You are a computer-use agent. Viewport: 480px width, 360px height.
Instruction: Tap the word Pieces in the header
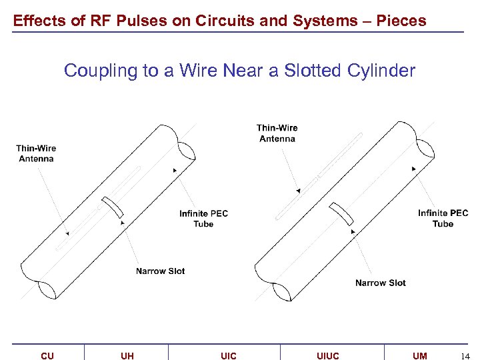click(x=401, y=21)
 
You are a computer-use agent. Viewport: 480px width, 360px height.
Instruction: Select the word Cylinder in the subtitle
click(x=384, y=70)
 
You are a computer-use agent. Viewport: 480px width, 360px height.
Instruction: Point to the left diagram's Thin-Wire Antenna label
click(x=36, y=153)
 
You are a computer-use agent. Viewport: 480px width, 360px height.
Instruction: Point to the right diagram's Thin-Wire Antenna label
click(x=277, y=133)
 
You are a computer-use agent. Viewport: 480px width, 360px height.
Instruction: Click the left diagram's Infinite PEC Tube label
click(x=203, y=219)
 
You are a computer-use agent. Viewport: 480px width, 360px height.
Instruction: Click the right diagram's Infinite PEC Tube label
click(x=443, y=219)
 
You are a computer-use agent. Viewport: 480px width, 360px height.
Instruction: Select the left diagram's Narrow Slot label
click(x=160, y=271)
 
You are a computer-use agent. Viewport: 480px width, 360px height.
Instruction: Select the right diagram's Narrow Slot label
click(x=380, y=283)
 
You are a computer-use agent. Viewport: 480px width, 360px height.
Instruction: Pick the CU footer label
click(x=47, y=356)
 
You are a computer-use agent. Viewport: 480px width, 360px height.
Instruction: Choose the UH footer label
click(x=127, y=356)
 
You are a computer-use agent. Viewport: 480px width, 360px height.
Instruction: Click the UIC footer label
click(x=228, y=356)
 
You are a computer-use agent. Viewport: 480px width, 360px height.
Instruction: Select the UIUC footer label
click(x=327, y=356)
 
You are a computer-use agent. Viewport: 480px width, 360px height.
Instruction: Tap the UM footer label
click(x=419, y=356)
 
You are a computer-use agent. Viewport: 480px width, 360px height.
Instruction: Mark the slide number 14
click(x=465, y=356)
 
